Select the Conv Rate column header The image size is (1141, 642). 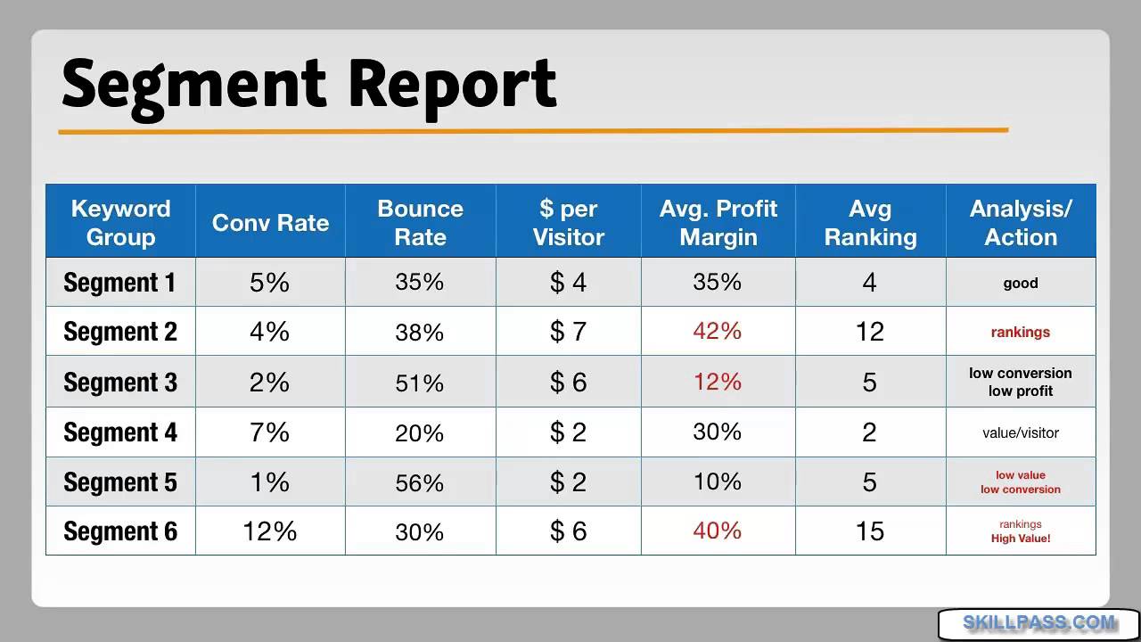[x=270, y=223]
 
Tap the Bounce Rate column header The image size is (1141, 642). [x=420, y=223]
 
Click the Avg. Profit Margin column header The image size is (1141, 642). [x=718, y=223]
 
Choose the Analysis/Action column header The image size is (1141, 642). [x=1021, y=223]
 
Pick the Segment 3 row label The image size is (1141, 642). [x=120, y=383]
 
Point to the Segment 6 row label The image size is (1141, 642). [x=120, y=531]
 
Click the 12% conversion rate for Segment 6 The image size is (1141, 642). [x=270, y=531]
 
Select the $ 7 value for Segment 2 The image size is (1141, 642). [x=569, y=332]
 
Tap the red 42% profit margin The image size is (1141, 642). [x=718, y=331]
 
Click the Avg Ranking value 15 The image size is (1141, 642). [x=869, y=531]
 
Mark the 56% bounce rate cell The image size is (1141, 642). [x=420, y=482]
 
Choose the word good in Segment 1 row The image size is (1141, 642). [x=1021, y=284]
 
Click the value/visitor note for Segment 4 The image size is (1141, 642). [x=1021, y=433]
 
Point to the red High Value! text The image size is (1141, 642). [x=1021, y=539]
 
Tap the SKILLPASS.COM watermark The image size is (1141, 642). [x=1038, y=623]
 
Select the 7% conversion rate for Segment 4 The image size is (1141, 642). [x=270, y=432]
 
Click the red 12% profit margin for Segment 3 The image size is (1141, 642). [x=718, y=382]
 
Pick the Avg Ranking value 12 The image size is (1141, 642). [x=869, y=332]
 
